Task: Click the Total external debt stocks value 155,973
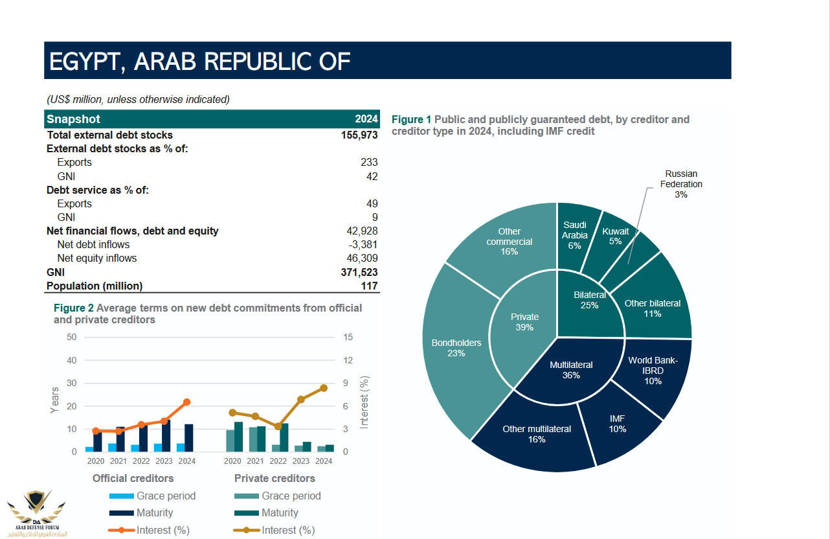359,135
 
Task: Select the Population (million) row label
95,286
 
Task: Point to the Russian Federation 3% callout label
680,184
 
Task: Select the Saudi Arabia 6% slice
575,235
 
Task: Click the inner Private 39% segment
524,322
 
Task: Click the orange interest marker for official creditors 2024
187,402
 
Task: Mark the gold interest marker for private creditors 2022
278,426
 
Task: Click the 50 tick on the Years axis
71,337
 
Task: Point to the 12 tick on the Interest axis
348,360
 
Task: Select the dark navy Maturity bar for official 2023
166,436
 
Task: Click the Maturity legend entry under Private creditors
279,512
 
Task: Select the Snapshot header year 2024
366,119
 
